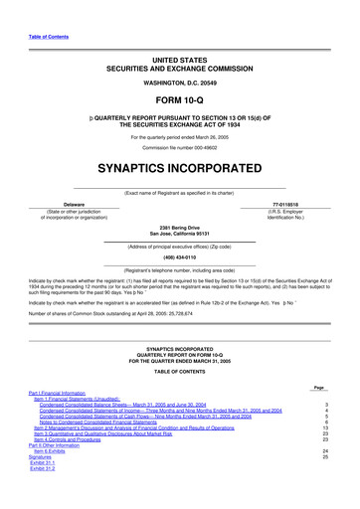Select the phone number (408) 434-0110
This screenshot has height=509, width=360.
[179, 256]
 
